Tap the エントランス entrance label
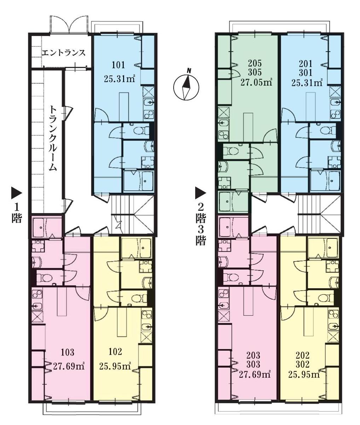click(x=64, y=53)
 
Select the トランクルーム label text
click(x=53, y=138)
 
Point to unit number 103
click(x=67, y=352)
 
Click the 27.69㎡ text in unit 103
click(x=68, y=366)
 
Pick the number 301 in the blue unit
click(x=306, y=73)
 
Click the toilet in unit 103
click(x=44, y=278)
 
